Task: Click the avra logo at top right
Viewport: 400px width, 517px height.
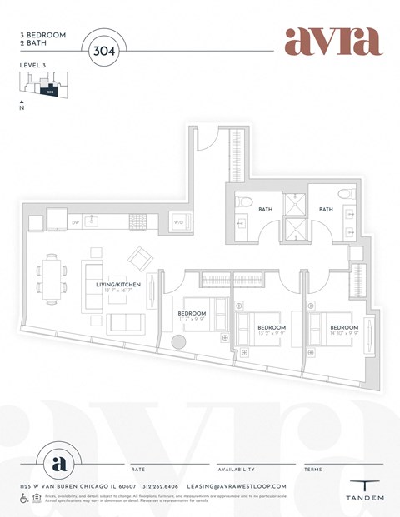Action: [332, 41]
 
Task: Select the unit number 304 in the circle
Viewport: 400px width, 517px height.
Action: [106, 50]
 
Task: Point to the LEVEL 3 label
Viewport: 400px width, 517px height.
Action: [31, 64]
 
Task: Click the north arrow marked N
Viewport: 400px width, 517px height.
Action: [22, 106]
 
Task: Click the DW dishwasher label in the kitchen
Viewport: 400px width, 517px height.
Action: [75, 222]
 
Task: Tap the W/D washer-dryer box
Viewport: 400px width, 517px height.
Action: [178, 222]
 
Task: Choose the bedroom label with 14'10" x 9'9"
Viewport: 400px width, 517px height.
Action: [343, 331]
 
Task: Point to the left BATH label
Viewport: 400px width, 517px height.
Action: [265, 210]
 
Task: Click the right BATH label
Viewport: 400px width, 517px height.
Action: [325, 210]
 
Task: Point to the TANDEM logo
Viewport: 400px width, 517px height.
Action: [366, 492]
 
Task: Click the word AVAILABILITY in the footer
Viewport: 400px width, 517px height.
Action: [236, 470]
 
